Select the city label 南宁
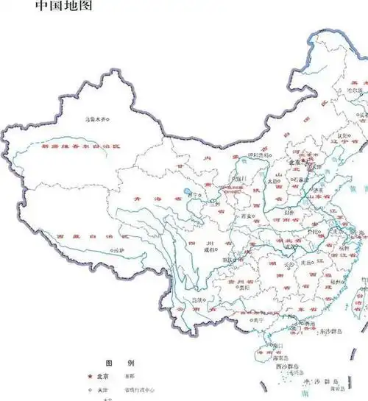coord(256,320)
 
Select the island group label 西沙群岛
coord(287,366)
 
